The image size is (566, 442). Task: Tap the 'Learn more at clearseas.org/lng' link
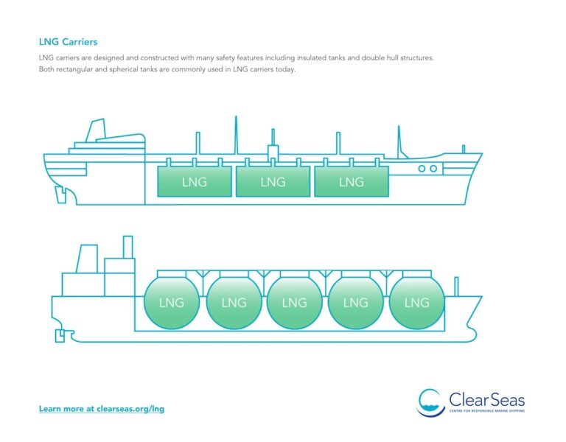(101, 408)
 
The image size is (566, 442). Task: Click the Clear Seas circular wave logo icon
(430, 401)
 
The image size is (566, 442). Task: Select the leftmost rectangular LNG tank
(195, 182)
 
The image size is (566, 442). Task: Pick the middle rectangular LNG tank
(273, 182)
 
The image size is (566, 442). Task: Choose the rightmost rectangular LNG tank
(352, 182)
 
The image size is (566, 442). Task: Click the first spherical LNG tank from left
(172, 302)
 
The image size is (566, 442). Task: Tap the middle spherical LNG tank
(294, 302)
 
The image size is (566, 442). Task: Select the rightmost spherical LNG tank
(417, 302)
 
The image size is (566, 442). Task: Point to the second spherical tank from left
(234, 302)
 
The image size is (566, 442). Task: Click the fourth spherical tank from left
(356, 302)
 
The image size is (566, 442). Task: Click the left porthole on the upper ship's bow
(422, 169)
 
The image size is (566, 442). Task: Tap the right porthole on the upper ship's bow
(433, 169)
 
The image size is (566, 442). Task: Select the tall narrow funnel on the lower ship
(127, 247)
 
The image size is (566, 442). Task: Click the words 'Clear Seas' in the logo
(486, 400)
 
